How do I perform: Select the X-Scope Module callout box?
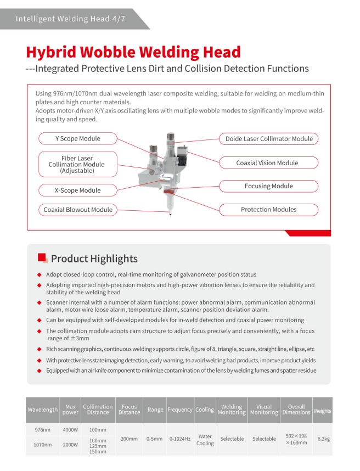point(77,190)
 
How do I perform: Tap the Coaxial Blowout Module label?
point(77,210)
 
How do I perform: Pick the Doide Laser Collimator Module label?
point(269,139)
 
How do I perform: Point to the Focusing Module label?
point(268,186)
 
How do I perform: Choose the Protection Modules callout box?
point(268,210)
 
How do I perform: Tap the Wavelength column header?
point(42,410)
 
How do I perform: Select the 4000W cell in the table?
point(71,429)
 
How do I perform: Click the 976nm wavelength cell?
point(42,429)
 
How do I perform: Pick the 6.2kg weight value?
point(323,439)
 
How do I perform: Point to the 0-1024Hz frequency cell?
point(179,439)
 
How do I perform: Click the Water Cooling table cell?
point(205,439)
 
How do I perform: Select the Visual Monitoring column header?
point(263,410)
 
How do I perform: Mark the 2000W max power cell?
point(71,445)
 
